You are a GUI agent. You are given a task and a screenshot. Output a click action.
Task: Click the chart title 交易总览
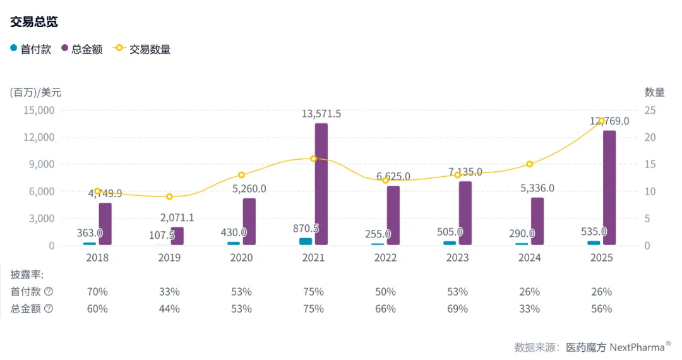pos(34,21)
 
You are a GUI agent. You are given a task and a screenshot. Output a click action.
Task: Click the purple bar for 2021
pos(321,184)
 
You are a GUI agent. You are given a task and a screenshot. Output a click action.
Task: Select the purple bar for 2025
pos(609,188)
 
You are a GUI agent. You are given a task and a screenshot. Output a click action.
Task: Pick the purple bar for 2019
pos(177,236)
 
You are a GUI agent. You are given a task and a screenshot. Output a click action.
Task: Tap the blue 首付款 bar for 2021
pos(306,241)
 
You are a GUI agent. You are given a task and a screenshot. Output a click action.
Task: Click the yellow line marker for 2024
pos(530,164)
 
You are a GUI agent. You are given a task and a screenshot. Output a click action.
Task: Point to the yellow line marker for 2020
pos(241,175)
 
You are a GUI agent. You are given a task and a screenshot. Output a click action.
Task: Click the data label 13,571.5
pos(321,114)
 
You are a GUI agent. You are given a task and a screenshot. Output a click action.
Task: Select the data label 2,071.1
pos(177,218)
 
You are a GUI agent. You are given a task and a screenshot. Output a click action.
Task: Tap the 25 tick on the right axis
pos(650,110)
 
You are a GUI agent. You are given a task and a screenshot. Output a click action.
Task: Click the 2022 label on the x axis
pos(386,258)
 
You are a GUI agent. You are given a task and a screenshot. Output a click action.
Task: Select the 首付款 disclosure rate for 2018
pos(97,292)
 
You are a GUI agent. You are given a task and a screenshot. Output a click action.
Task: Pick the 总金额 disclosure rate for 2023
pos(458,309)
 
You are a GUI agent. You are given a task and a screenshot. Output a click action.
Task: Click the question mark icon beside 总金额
pos(49,309)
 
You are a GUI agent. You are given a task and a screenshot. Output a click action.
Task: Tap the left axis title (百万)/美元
pos(36,92)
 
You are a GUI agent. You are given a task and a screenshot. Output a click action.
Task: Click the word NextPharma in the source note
pos(637,347)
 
